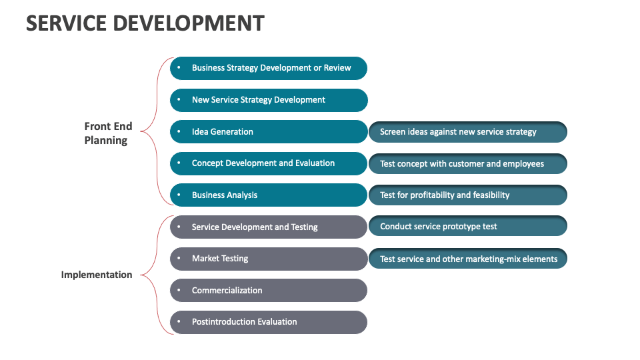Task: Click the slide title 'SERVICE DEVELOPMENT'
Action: (x=145, y=23)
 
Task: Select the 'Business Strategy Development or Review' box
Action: (x=269, y=68)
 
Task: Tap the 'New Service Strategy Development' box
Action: (x=269, y=100)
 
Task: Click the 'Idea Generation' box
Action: (x=269, y=132)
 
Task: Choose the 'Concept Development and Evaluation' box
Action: (x=269, y=163)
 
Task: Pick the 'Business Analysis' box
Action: (x=269, y=195)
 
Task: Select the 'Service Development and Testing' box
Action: (x=269, y=227)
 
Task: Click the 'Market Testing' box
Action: (x=269, y=259)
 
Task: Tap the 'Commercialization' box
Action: (x=269, y=291)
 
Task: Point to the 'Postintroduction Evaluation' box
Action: (x=269, y=322)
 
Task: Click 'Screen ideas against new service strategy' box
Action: (x=468, y=132)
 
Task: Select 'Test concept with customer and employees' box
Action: (x=468, y=164)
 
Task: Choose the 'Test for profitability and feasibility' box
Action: (x=468, y=195)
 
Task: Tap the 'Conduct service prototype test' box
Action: (x=468, y=227)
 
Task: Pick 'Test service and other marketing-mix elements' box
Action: (x=468, y=259)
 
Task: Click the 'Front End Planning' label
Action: (x=108, y=133)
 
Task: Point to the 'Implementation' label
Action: (x=97, y=275)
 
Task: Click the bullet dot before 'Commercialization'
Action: (x=179, y=291)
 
